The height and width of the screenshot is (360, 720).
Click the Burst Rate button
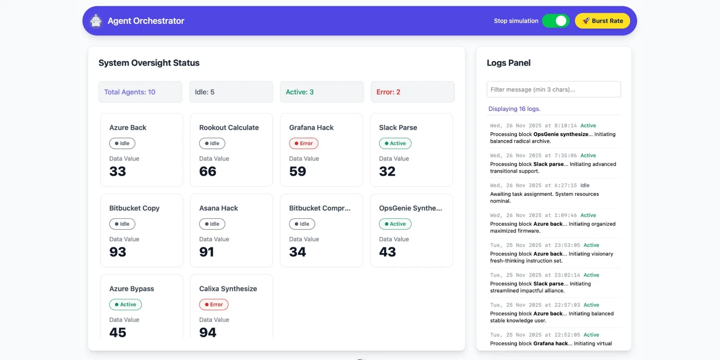pos(602,21)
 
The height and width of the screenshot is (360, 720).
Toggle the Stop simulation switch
pos(556,21)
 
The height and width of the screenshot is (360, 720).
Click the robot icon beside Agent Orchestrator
pos(96,21)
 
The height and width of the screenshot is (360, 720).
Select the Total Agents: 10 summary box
pos(140,92)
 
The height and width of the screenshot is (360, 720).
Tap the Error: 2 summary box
pos(412,92)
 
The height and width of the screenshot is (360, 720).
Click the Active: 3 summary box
pos(322,92)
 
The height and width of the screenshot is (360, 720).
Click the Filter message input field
pos(553,90)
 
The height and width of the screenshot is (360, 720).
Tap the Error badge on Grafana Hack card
pos(303,143)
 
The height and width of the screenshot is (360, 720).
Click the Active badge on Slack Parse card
pos(395,143)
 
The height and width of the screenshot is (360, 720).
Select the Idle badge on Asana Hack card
pos(212,224)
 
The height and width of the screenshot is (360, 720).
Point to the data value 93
pos(118,252)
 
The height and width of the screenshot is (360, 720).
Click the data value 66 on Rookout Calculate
pos(208,171)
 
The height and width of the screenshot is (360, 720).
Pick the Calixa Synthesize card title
pos(228,289)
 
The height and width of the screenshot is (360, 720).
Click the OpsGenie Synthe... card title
pos(410,208)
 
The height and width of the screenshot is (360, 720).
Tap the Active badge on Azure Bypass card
pos(125,304)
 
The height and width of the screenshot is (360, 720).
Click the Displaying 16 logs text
pos(514,109)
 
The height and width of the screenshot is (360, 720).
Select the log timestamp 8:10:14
pos(565,126)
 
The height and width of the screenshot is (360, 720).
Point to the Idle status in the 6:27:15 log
pos(585,185)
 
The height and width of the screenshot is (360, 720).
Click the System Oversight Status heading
pos(149,63)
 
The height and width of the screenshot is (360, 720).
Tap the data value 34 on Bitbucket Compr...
pos(297,252)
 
